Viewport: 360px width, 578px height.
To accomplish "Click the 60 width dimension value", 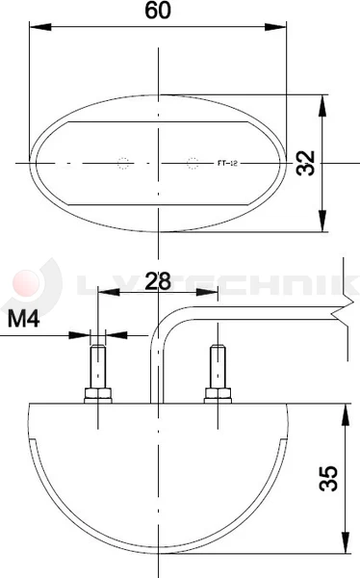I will pyautogui.click(x=159, y=12).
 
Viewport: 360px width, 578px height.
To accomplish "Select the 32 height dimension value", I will pyautogui.click(x=307, y=163).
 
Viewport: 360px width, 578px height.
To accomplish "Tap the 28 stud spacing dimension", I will pyautogui.click(x=157, y=281).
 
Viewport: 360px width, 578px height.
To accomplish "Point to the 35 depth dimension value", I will pyautogui.click(x=327, y=480).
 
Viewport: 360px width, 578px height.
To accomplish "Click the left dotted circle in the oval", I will pyautogui.click(x=122, y=163).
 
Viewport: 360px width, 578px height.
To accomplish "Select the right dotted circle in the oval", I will pyautogui.click(x=193, y=163).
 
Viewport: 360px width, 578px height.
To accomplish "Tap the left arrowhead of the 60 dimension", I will pyautogui.click(x=37, y=27).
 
